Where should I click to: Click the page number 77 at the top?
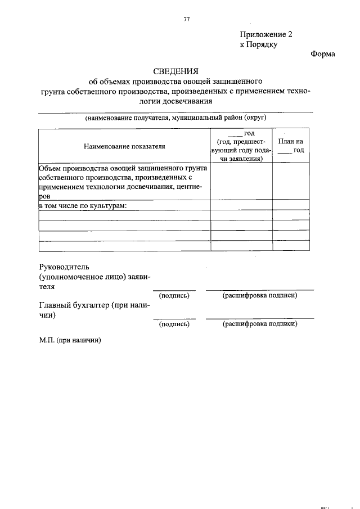tap(186, 19)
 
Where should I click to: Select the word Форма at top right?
tap(322, 55)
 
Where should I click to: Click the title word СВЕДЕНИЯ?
tap(176, 71)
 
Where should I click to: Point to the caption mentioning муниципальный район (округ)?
tap(175, 118)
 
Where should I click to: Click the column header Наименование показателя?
tap(124, 146)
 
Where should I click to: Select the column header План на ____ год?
tap(291, 146)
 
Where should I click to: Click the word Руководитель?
tap(64, 266)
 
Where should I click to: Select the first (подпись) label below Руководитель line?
tap(174, 295)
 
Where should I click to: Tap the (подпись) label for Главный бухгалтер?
tap(174, 324)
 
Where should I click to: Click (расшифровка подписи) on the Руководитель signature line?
tap(259, 295)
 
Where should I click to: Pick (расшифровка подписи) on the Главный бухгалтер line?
tap(259, 324)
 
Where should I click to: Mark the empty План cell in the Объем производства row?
tap(291, 181)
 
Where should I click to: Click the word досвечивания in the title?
tap(186, 101)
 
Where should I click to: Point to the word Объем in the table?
tap(51, 168)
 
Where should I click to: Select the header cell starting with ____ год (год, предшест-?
tap(241, 146)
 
